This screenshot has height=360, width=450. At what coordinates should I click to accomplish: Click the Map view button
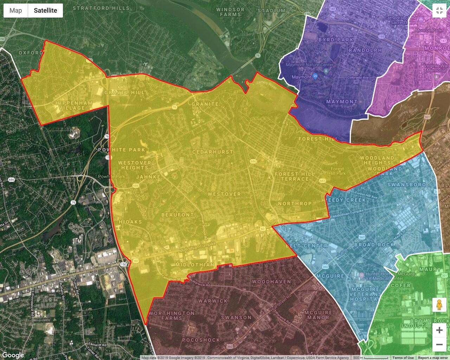click(16, 11)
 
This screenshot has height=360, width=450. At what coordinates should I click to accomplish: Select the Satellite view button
click(45, 11)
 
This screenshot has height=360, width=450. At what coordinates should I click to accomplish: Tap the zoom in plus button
click(439, 330)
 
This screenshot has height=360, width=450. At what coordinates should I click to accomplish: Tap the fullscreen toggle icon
click(439, 11)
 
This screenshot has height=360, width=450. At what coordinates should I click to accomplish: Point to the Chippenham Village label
click(72, 105)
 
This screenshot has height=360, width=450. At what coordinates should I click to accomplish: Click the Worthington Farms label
click(172, 315)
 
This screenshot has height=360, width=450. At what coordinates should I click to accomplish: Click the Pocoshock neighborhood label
click(201, 340)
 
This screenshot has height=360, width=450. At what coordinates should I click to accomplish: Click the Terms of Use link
click(403, 358)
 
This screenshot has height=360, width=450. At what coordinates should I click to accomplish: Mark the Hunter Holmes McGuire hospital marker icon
click(361, 274)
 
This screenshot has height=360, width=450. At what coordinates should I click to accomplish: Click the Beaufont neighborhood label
click(178, 214)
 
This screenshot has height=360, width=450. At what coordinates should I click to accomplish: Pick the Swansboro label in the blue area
click(406, 185)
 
